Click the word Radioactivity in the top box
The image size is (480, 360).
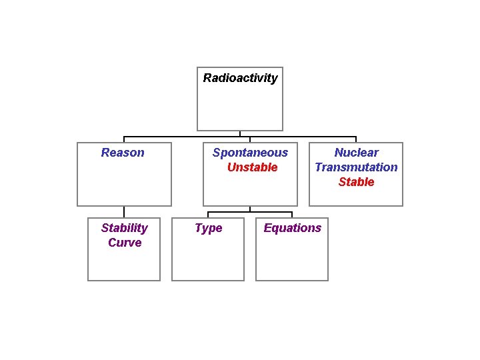240,78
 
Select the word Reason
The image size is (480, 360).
123,153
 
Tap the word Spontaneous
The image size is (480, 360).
250,153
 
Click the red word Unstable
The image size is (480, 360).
252,167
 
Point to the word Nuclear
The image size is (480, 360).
356,153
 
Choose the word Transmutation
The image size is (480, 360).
356,167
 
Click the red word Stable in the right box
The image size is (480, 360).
356,182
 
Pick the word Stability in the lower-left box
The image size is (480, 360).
124,228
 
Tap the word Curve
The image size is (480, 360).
125,243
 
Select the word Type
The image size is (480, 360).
209,228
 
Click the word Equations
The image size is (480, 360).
292,228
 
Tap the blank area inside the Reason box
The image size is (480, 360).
124,183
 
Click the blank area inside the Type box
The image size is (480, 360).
208,260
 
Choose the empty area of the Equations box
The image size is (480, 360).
292,260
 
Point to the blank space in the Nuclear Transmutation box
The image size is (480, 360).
356,196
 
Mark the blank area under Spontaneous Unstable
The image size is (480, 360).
250,190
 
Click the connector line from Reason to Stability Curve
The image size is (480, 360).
124,211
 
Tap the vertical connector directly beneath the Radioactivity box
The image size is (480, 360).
240,133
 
